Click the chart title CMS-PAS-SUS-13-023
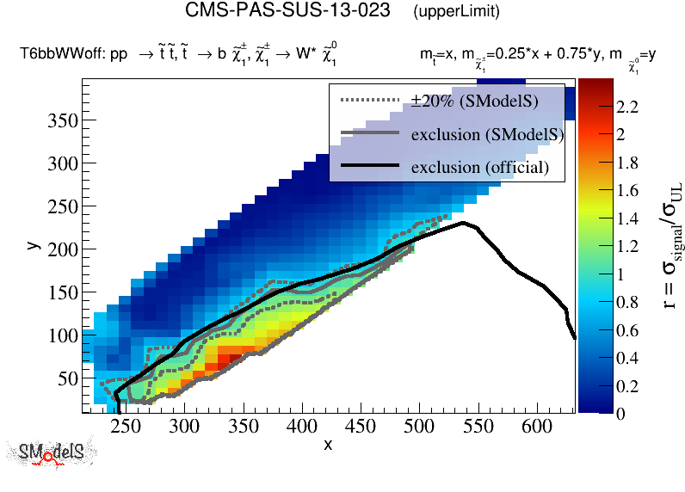click(290, 12)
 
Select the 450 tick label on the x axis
click(360, 426)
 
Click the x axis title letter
click(328, 445)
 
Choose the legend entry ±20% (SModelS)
click(474, 101)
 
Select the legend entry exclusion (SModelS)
click(486, 134)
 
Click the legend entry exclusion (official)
click(479, 166)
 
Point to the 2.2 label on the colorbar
click(626, 107)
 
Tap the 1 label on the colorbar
click(621, 274)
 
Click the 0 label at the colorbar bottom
click(621, 413)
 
